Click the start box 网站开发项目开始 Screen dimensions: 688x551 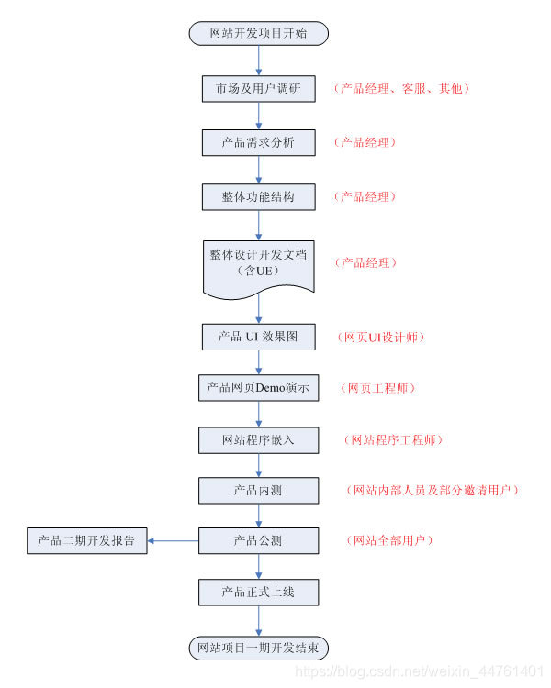[x=258, y=34]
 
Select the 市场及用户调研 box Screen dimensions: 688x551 [x=258, y=89]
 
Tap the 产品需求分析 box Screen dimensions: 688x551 [x=258, y=143]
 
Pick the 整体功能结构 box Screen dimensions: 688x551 [x=258, y=197]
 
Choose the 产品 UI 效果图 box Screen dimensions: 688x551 [x=258, y=337]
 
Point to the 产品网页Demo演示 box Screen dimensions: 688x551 [x=258, y=388]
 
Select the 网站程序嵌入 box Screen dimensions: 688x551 [x=258, y=440]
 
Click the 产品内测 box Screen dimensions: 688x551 [x=258, y=491]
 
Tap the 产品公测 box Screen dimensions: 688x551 [x=258, y=541]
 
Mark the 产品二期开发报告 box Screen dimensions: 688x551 [x=86, y=541]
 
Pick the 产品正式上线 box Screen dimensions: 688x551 [x=258, y=593]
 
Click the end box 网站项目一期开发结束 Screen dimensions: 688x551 [x=258, y=648]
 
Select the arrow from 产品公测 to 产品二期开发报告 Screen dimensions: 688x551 [x=174, y=541]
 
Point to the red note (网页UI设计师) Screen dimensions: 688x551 [x=384, y=337]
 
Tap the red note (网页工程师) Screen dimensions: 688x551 [x=379, y=388]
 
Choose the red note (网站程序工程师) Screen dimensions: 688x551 [x=393, y=440]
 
